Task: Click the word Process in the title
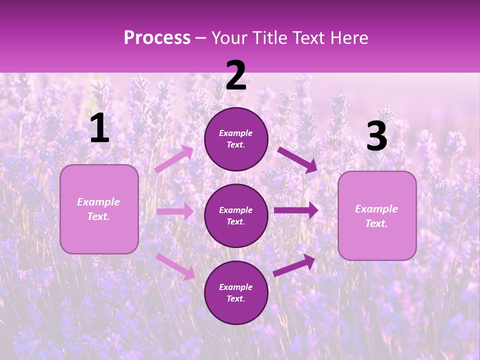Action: (x=157, y=38)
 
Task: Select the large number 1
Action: (x=99, y=128)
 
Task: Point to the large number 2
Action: (x=236, y=76)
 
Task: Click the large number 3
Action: (x=376, y=136)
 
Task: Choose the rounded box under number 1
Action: (x=99, y=209)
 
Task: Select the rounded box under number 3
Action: (x=377, y=215)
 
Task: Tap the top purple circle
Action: (x=236, y=139)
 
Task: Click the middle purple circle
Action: (x=236, y=215)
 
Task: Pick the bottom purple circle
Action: (x=236, y=292)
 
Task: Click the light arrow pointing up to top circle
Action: (x=174, y=159)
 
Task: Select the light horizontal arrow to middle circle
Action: (x=175, y=211)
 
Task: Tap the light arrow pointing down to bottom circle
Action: (x=175, y=266)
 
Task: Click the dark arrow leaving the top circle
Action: (x=297, y=159)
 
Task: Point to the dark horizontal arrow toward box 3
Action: (x=295, y=210)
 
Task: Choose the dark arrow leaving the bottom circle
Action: (x=294, y=265)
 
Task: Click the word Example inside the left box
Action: (x=98, y=202)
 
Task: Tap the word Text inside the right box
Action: (x=376, y=223)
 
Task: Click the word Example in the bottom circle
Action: (x=235, y=287)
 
